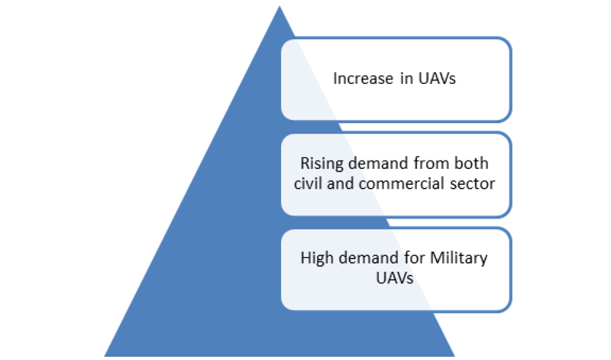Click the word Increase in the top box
tap(364, 79)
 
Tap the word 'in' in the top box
tap(406, 79)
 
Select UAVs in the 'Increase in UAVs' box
tap(437, 79)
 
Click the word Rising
tap(321, 164)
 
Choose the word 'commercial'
tap(401, 183)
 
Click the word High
tap(317, 258)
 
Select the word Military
tap(459, 258)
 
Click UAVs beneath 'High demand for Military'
tap(394, 278)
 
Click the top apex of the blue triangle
tap(280, 5)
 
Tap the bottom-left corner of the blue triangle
tap(104, 356)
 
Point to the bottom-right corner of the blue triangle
tap(454, 356)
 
